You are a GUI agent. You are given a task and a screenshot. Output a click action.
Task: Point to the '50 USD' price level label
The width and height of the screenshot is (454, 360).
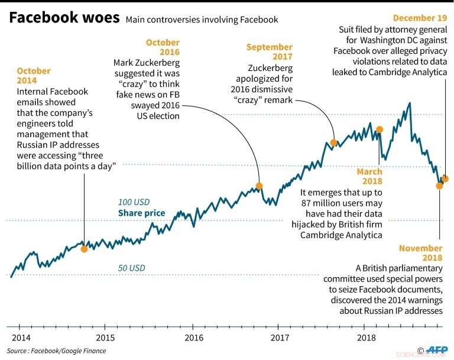tap(131, 268)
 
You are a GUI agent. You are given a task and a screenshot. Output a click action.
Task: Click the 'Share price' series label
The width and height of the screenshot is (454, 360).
tap(141, 213)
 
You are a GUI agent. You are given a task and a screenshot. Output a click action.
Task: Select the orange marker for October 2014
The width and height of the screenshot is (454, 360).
tap(84, 249)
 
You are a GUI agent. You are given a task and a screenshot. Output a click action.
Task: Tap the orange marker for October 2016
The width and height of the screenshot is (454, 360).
tap(259, 186)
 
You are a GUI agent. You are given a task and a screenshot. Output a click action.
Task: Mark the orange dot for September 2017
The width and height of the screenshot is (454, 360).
tap(333, 142)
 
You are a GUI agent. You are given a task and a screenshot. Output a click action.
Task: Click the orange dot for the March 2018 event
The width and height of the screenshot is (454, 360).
tap(380, 129)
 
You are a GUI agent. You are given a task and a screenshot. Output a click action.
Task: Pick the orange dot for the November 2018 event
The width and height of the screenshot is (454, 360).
tap(439, 186)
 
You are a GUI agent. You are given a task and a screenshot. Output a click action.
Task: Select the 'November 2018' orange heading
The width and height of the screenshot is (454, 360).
tap(420, 254)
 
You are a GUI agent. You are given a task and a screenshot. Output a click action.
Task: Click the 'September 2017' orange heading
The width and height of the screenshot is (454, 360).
tap(270, 52)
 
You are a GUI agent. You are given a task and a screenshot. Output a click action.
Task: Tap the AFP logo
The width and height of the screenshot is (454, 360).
tap(438, 350)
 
